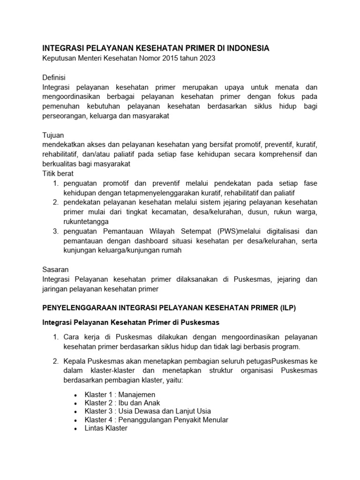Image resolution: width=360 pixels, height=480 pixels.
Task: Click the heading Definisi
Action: [54, 77]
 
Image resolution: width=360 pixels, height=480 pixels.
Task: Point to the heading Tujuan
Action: [53, 135]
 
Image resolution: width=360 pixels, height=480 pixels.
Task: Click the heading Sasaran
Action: [55, 270]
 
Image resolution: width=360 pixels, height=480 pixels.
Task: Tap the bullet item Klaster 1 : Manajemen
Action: [120, 395]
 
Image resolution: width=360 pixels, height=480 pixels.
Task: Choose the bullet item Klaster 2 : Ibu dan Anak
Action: [122, 403]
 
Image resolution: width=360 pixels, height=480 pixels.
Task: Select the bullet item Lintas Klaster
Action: [105, 428]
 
